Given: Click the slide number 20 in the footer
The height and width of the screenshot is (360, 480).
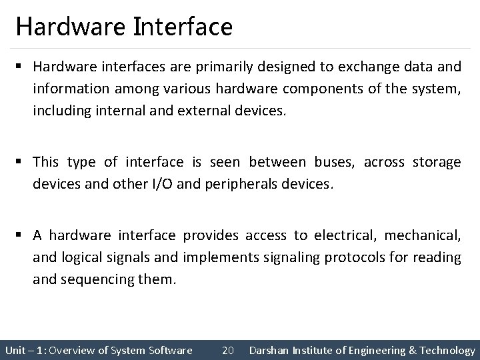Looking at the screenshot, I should pos(227,350).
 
